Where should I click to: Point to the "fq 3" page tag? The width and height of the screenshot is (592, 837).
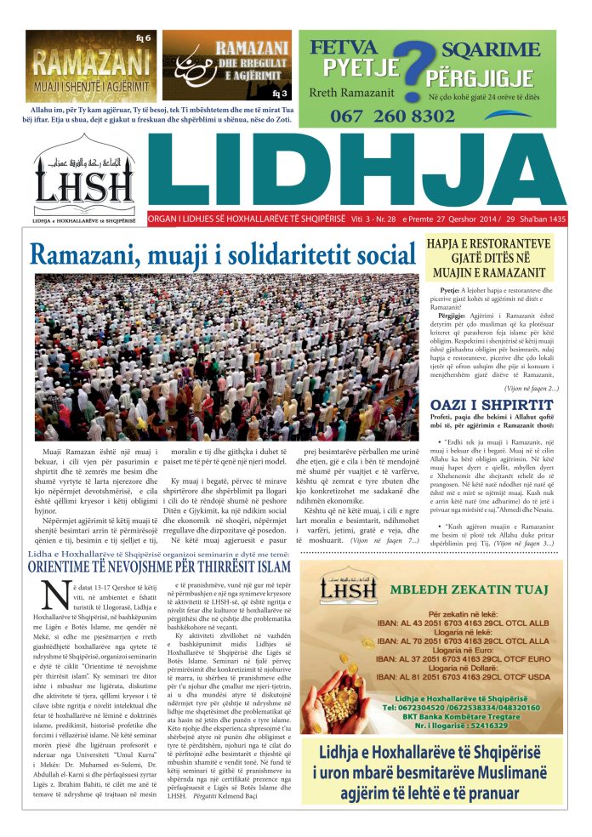(x=282, y=93)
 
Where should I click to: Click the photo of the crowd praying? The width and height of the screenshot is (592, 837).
(x=227, y=356)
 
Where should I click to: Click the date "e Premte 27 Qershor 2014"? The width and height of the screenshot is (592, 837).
(x=453, y=218)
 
